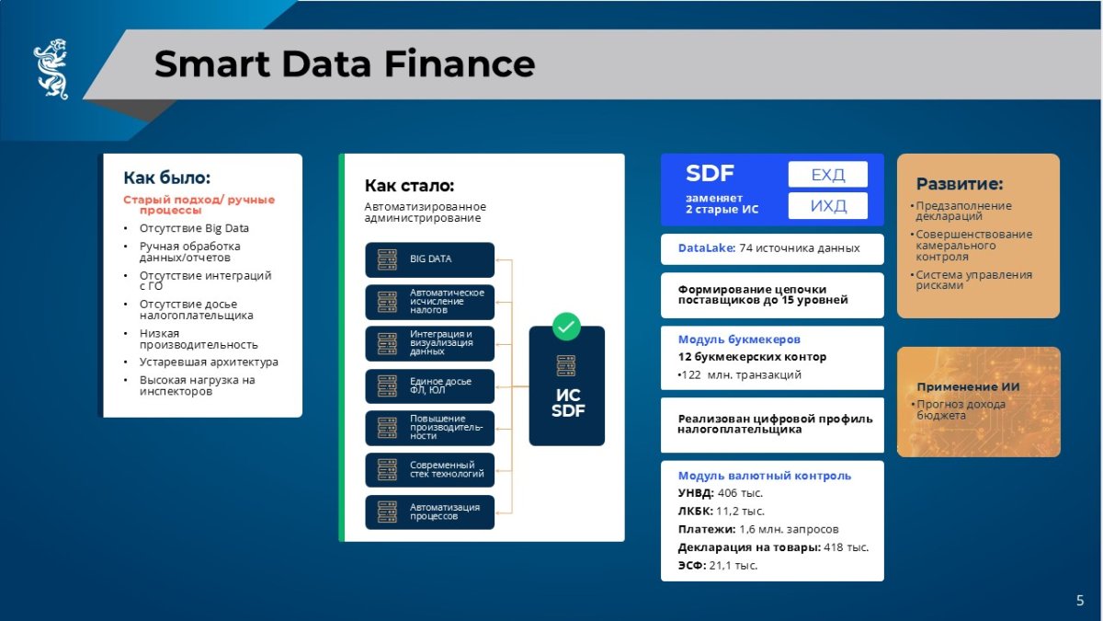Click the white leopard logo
coord(51,69)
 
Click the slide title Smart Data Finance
coord(345,64)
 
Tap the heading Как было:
coord(167,178)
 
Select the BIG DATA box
coord(429,259)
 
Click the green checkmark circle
coord(566,327)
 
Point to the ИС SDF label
coord(568,403)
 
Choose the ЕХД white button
coord(828,175)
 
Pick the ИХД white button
coord(828,205)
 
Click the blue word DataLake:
coord(707,247)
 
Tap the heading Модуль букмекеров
coord(739,339)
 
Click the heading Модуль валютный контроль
coord(765,476)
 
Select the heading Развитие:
coord(960,184)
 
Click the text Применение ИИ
coord(968,387)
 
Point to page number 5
coord(1080,600)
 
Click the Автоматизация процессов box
coord(429,512)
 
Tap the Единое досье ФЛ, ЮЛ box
coord(429,385)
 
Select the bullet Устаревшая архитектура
coord(209,362)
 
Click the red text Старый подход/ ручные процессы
coord(199,204)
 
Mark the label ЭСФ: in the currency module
coord(692,565)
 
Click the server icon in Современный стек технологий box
coord(387,470)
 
